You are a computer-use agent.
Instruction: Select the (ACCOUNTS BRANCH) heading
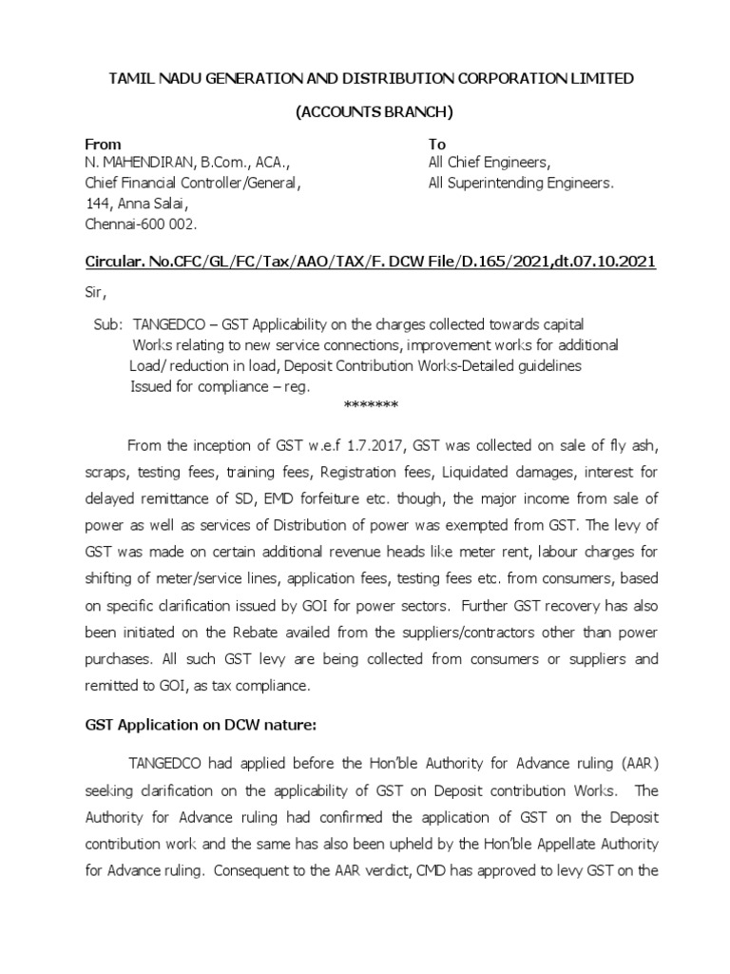374,112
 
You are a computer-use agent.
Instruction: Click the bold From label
103,145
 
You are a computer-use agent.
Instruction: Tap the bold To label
437,145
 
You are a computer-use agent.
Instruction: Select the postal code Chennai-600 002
140,224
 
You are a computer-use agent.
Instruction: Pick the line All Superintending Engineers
521,184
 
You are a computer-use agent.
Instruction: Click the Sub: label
108,323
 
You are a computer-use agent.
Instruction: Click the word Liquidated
456,472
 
